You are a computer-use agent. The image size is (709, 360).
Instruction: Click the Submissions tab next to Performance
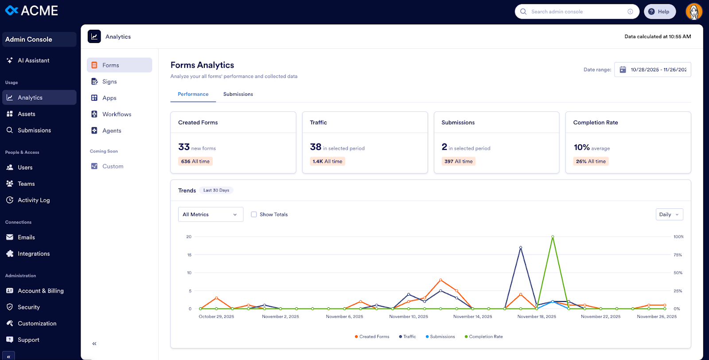coord(238,94)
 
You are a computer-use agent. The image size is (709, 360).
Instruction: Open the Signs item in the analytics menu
coord(109,82)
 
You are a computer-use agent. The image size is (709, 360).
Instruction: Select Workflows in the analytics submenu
coord(117,114)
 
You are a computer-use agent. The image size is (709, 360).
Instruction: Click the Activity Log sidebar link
coord(34,200)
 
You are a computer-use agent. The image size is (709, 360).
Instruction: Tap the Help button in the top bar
coord(659,12)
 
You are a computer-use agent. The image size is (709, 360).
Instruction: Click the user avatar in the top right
coord(693,12)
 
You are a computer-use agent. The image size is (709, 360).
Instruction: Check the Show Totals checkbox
coord(254,215)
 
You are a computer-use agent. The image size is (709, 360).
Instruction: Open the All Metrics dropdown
coord(210,215)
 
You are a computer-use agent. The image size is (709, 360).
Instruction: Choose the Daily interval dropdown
coord(669,215)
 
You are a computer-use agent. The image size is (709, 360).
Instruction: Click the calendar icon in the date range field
coord(623,70)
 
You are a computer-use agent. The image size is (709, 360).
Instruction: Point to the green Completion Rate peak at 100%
coord(553,237)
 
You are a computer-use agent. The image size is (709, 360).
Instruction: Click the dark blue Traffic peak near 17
coord(521,247)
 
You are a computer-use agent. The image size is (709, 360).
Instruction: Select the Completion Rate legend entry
coord(483,337)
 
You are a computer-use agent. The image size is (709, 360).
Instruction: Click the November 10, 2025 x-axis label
coord(409,317)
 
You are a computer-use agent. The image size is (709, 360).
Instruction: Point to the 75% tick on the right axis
coord(678,255)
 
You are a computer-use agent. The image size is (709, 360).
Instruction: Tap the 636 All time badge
coord(195,161)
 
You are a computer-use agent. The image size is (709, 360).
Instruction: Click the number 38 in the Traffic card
coord(316,147)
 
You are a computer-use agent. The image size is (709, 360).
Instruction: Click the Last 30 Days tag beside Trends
coord(216,191)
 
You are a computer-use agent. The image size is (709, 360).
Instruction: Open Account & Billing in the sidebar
coord(40,291)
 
